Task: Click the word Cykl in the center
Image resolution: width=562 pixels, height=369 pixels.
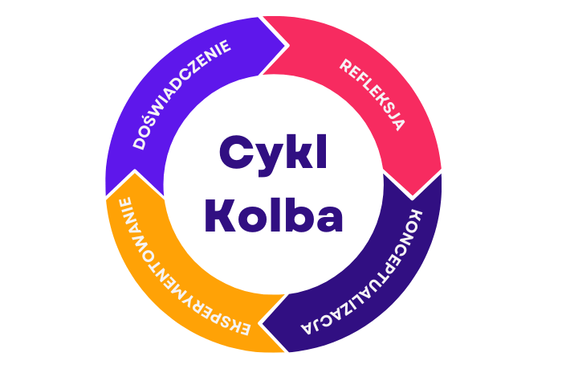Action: pyautogui.click(x=273, y=153)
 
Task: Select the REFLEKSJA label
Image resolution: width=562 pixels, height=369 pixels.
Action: pyautogui.click(x=372, y=94)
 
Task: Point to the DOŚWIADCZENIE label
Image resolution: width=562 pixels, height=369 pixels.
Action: pyautogui.click(x=182, y=93)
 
